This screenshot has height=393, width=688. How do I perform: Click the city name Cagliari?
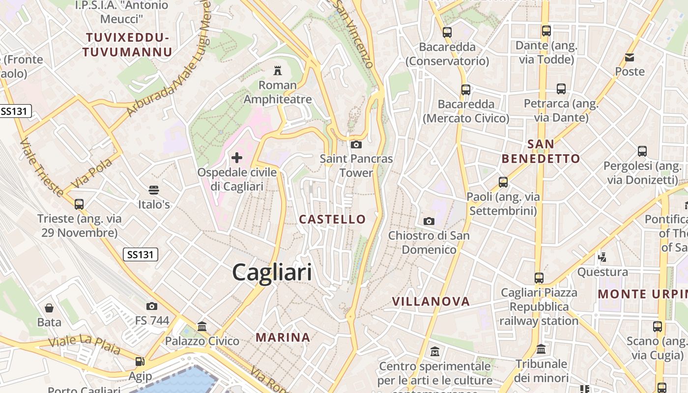(x=272, y=272)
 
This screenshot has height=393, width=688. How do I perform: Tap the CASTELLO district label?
(x=333, y=219)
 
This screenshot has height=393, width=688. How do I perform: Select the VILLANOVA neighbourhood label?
(x=431, y=301)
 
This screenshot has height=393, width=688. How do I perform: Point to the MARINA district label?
(x=283, y=337)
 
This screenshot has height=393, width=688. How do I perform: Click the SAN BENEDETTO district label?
(x=541, y=151)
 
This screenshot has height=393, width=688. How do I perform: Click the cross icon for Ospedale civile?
(x=237, y=158)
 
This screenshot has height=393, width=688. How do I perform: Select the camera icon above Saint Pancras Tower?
(x=356, y=144)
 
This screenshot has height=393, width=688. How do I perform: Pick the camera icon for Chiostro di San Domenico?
(x=429, y=221)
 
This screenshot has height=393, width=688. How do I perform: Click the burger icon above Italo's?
(x=154, y=190)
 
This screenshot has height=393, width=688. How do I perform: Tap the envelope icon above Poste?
(x=630, y=57)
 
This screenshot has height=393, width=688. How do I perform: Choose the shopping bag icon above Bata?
(x=49, y=308)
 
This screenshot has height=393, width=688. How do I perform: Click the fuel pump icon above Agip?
(x=140, y=362)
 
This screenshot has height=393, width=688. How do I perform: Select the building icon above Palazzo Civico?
(x=202, y=326)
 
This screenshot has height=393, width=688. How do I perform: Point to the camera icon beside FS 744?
(x=152, y=306)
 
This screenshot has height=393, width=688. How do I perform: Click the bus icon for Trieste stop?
(x=79, y=204)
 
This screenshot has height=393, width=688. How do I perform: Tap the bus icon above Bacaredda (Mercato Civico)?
(x=466, y=90)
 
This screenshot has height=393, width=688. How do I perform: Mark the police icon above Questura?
(x=602, y=257)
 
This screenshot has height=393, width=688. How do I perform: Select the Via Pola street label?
(x=92, y=173)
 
